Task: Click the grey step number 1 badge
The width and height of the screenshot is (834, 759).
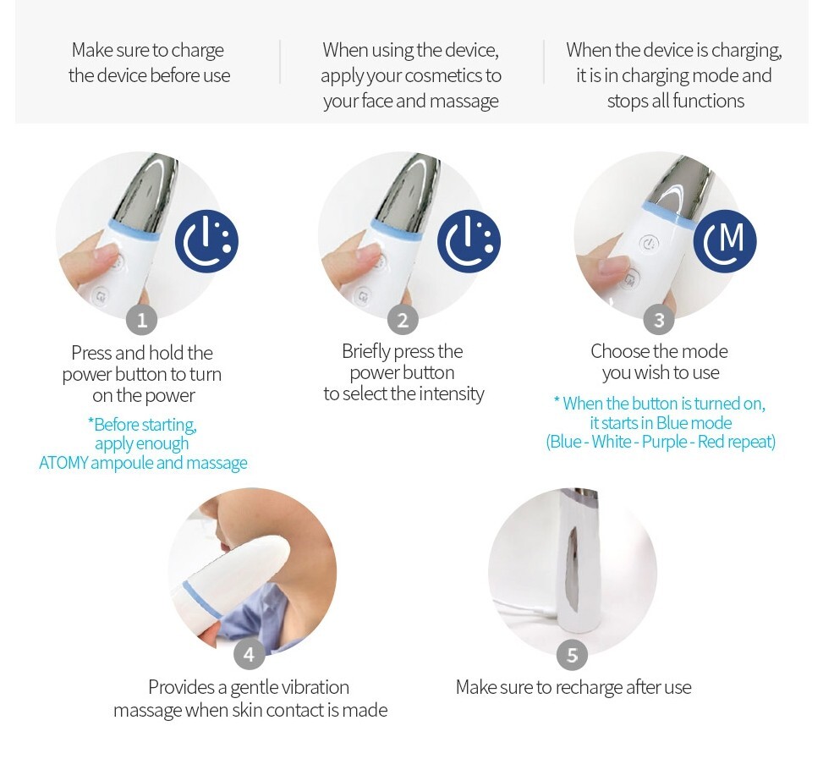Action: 141,321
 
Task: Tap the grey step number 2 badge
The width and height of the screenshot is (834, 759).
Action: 403,321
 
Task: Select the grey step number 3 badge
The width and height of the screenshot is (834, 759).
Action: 658,321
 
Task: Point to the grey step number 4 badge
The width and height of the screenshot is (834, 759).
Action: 249,655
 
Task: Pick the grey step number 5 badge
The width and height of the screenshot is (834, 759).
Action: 572,655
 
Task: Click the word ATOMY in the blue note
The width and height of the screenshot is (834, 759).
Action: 63,463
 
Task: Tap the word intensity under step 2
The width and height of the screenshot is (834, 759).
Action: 452,393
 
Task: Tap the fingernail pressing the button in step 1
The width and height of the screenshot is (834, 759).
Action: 109,253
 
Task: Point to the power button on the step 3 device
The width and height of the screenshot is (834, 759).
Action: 648,244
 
